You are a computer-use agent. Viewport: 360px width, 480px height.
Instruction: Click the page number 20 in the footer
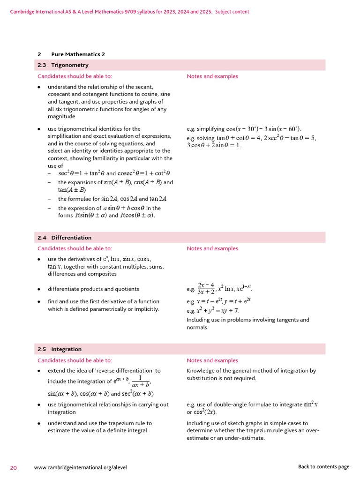pyautogui.click(x=14, y=467)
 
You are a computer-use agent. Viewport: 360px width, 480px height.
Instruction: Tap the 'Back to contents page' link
pyautogui.click(x=323, y=467)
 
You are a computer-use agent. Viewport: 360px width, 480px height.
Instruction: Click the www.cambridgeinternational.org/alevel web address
pyautogui.click(x=81, y=467)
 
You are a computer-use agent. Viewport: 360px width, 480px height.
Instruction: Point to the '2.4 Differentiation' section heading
pyautogui.click(x=65, y=238)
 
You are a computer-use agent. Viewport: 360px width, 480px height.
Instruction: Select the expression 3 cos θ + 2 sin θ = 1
pyautogui.click(x=214, y=145)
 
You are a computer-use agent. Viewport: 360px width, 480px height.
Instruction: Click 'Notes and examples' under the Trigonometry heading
pyautogui.click(x=212, y=76)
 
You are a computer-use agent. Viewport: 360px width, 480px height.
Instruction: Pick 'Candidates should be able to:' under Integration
pyautogui.click(x=75, y=360)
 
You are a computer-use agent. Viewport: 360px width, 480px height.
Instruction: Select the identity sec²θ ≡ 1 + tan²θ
pyautogui.click(x=82, y=173)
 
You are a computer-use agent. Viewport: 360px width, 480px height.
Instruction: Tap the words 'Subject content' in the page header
pyautogui.click(x=232, y=12)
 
